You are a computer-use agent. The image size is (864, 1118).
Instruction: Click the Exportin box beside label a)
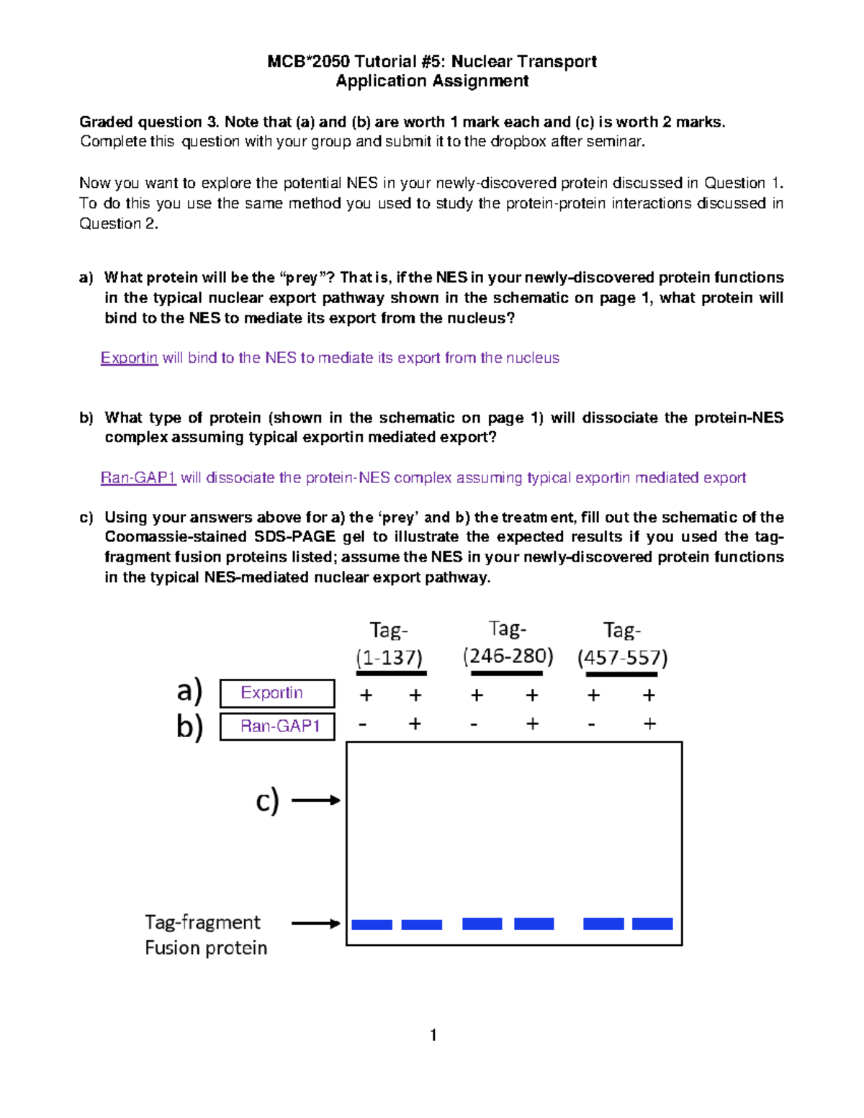tap(276, 693)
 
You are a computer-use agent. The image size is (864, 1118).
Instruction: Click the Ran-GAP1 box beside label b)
tap(276, 726)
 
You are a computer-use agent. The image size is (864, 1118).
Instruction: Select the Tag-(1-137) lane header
tap(390, 644)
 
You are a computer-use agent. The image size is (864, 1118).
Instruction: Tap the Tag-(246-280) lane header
tap(508, 642)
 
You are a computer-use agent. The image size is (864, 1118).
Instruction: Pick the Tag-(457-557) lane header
tap(622, 644)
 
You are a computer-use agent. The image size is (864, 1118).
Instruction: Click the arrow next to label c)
tap(315, 800)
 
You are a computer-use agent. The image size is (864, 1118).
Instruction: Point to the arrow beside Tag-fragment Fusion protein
tap(315, 923)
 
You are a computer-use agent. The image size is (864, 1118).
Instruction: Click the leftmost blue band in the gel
tap(372, 924)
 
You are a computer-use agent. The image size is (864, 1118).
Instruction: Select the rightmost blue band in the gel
tap(652, 924)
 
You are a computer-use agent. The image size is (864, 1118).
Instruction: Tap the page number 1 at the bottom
tap(433, 1035)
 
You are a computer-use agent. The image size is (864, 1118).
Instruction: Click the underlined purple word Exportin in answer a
tap(129, 358)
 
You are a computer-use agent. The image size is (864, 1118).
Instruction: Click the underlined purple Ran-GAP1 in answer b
tap(138, 478)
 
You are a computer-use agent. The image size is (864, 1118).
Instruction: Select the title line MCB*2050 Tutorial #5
tap(432, 61)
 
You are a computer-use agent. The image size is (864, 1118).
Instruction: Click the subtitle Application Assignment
tap(432, 81)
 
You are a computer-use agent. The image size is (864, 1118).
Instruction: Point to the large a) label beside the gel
tap(189, 691)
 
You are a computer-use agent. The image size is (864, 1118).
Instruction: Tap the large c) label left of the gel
tap(267, 801)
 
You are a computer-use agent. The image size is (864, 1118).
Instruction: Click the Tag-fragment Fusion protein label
tap(205, 934)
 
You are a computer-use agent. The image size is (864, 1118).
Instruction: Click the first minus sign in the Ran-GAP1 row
tap(363, 724)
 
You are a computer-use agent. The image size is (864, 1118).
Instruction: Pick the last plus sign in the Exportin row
tap(649, 695)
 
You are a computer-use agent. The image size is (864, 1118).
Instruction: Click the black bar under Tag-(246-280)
tap(506, 673)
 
